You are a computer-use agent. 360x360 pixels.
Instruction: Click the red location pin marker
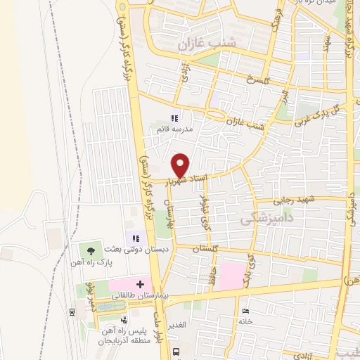180,165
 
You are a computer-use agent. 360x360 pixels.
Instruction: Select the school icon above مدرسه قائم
174,118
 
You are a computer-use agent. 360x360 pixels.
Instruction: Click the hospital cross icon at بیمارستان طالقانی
141,285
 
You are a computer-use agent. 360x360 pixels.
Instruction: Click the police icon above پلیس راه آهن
124,319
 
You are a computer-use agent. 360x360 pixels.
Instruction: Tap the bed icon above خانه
245,310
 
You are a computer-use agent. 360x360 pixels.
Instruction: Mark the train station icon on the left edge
72,311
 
